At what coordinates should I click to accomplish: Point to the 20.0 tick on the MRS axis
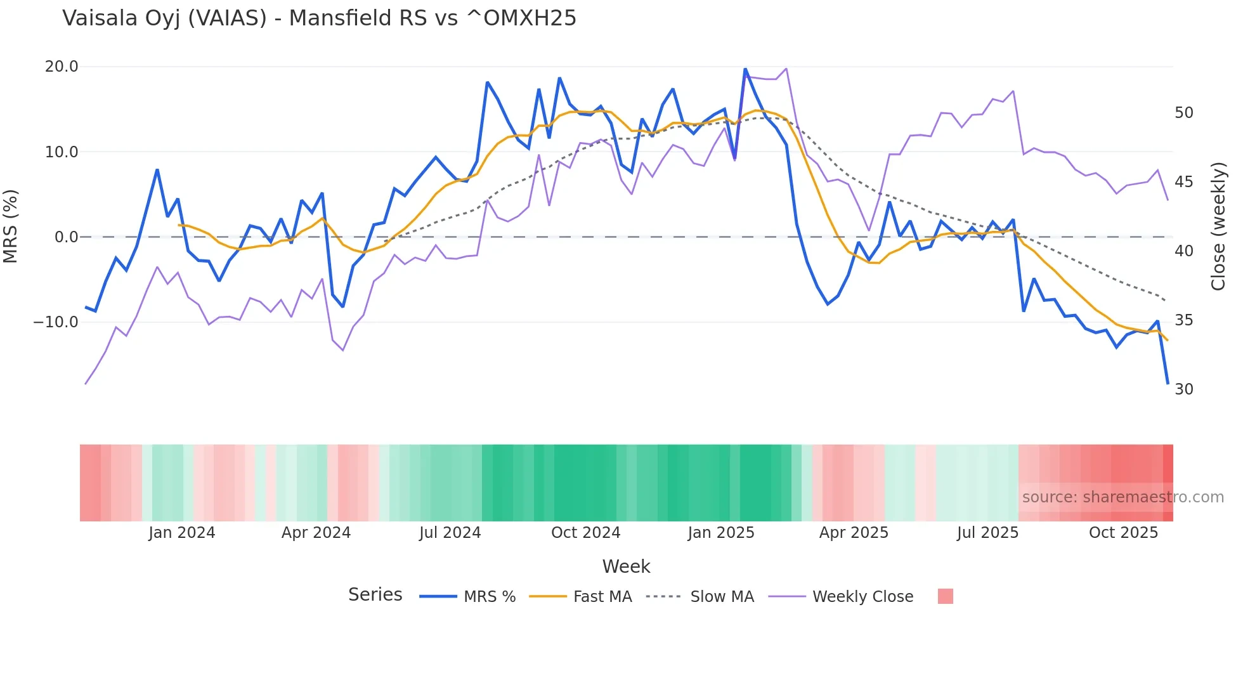click(62, 67)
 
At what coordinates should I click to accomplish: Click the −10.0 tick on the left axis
click(56, 322)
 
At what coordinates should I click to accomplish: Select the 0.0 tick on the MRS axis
click(66, 237)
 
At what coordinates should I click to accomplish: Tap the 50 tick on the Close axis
click(1183, 113)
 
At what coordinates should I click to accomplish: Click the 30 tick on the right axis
click(1183, 389)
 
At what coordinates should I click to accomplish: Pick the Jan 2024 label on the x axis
click(182, 533)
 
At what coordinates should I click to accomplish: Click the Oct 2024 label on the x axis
click(585, 533)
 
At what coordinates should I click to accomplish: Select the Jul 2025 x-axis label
click(987, 533)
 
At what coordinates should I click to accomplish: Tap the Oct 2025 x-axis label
click(1123, 533)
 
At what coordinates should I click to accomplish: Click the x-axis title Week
click(626, 566)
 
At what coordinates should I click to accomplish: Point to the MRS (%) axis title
click(11, 226)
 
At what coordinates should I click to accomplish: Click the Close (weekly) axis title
click(1218, 226)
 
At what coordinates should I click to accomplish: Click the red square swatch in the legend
click(945, 596)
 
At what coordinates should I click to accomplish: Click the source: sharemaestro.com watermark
click(1123, 497)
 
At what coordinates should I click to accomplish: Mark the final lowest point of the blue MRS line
click(1168, 383)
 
